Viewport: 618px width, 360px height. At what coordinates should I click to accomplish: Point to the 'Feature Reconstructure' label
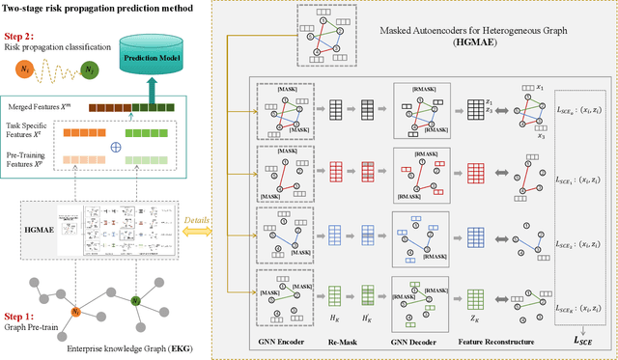503,343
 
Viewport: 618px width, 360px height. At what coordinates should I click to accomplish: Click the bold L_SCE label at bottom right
579,341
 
